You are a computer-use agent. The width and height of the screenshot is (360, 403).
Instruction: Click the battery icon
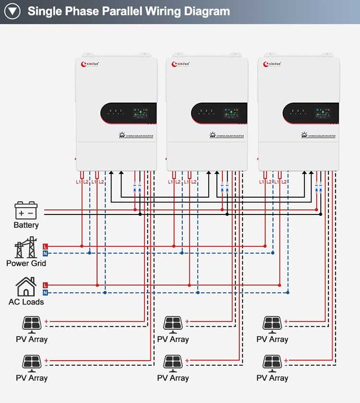pyautogui.click(x=26, y=210)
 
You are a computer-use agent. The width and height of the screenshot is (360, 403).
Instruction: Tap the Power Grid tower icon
pyautogui.click(x=26, y=248)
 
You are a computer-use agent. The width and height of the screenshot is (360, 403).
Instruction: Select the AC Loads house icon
pyautogui.click(x=26, y=287)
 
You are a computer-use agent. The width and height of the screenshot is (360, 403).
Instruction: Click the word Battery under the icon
pyautogui.click(x=26, y=225)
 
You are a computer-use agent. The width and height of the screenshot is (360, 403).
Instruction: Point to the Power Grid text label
pyautogui.click(x=26, y=263)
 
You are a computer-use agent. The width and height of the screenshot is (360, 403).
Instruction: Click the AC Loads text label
pyautogui.click(x=26, y=302)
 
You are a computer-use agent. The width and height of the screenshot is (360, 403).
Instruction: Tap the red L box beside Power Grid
pyautogui.click(x=45, y=246)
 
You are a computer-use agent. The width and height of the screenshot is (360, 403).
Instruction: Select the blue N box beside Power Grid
pyautogui.click(x=45, y=253)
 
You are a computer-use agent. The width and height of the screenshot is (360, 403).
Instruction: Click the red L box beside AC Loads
pyautogui.click(x=45, y=285)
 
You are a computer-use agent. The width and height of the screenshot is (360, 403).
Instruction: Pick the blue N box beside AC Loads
pyautogui.click(x=45, y=292)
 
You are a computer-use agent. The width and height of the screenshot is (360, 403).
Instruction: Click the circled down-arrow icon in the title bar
pyautogui.click(x=12, y=12)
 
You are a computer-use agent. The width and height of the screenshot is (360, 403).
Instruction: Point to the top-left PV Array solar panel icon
pyautogui.click(x=32, y=324)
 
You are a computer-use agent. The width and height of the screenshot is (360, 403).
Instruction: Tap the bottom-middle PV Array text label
pyautogui.click(x=173, y=378)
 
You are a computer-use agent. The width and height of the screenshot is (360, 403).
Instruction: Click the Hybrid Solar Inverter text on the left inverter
pyautogui.click(x=139, y=136)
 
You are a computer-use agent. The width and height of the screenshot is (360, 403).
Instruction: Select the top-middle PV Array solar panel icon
pyautogui.click(x=173, y=324)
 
